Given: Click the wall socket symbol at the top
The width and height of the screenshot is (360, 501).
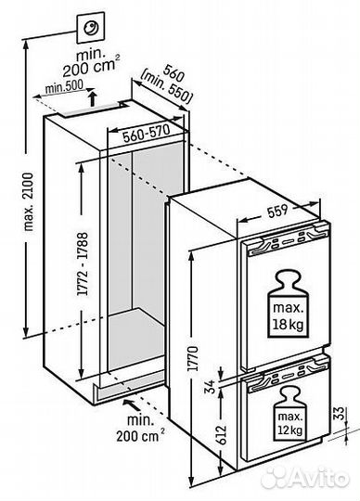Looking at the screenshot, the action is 91,28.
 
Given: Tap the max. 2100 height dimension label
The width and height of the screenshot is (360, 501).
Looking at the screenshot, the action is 29,201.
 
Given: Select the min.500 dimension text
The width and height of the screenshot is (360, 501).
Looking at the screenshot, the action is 64,86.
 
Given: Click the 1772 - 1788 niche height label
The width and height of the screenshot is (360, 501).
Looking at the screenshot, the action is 83,263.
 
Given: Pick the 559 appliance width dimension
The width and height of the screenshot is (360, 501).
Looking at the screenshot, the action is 277,211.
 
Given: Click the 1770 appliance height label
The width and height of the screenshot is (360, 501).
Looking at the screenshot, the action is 193,358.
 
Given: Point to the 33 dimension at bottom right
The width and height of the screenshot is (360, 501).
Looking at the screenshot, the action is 341,413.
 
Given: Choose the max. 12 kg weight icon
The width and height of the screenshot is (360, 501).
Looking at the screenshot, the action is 290,414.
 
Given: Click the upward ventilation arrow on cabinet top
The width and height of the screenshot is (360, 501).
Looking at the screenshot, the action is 92,98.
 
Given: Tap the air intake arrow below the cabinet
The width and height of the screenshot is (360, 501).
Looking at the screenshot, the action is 131,405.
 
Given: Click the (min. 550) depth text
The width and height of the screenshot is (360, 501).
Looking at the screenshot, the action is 167,88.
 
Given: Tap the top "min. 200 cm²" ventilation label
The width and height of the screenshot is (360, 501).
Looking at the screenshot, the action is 89,62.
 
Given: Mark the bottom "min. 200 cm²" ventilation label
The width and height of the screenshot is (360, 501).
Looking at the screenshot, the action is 141,428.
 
